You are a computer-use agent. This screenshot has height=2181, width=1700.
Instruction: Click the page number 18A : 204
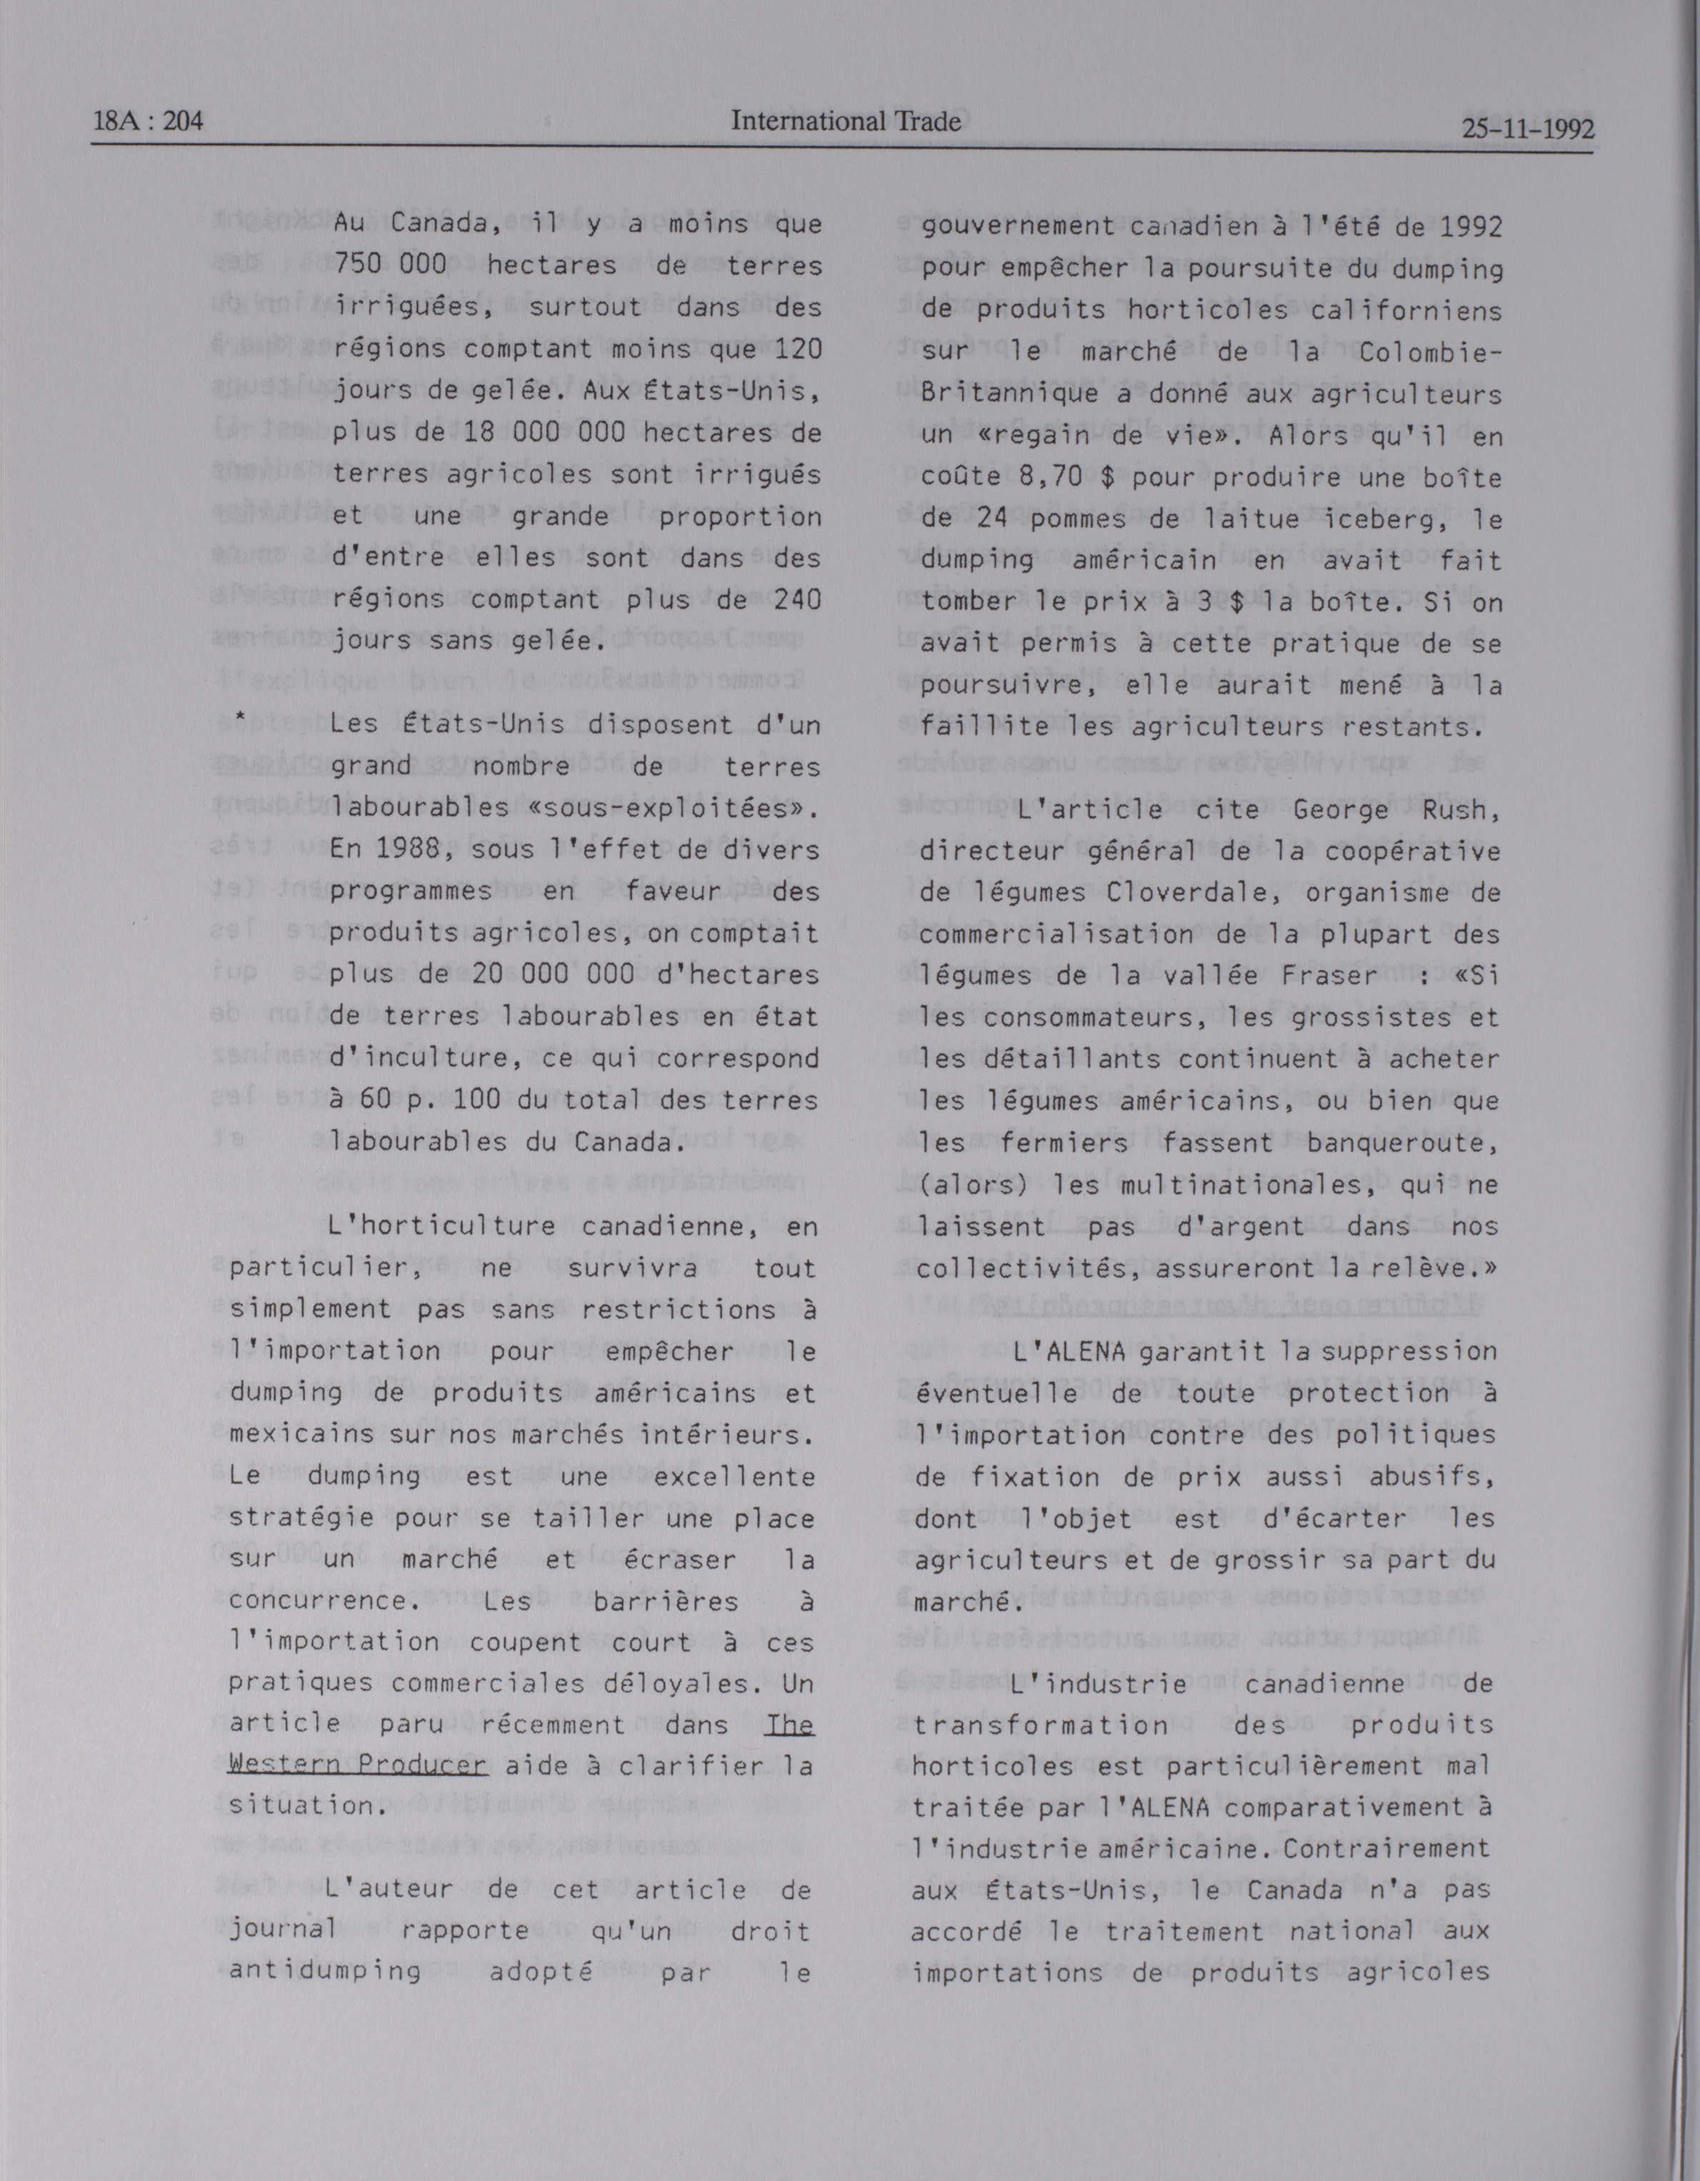click(x=148, y=122)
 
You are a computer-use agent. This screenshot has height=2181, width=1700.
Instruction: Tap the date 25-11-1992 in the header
click(x=1527, y=129)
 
